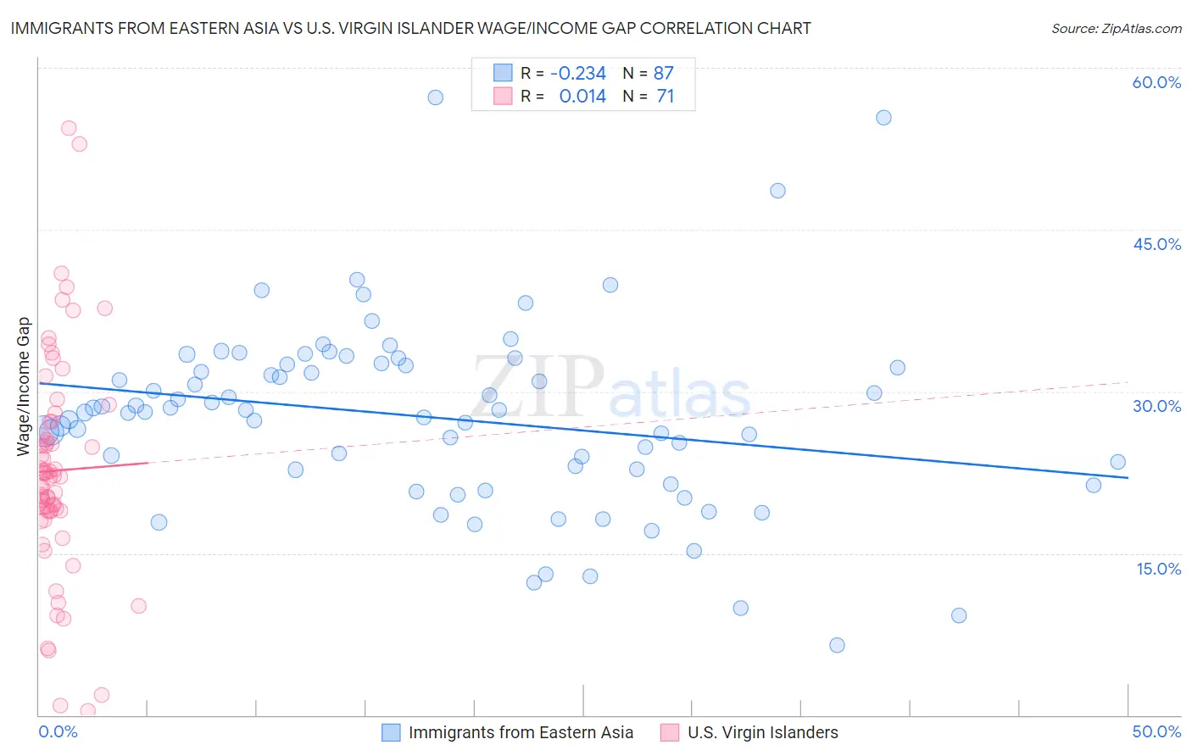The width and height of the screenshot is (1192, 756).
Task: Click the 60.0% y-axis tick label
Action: (x=1156, y=82)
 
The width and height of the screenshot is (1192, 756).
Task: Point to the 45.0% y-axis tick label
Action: (x=1156, y=244)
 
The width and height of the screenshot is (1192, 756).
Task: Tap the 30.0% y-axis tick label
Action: (x=1156, y=406)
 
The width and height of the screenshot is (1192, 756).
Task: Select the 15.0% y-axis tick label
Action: (x=1158, y=568)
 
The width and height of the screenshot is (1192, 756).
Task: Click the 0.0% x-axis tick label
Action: (x=58, y=731)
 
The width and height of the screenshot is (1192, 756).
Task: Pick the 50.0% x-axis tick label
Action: (x=1156, y=731)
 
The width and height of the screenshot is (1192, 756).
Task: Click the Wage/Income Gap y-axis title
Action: (x=24, y=386)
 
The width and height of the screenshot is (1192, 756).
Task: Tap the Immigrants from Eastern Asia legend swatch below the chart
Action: (x=391, y=732)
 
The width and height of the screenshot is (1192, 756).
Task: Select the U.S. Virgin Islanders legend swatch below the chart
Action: (x=670, y=732)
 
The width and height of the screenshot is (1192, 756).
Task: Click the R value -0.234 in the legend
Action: (x=578, y=74)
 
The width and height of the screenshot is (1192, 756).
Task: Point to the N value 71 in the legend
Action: (x=666, y=97)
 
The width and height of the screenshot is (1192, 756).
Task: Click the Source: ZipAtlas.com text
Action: (x=1116, y=29)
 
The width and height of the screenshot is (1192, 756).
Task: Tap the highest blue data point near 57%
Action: (x=435, y=97)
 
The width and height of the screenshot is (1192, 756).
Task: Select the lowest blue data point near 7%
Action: (x=837, y=645)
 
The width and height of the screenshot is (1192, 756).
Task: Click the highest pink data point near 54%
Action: (x=69, y=129)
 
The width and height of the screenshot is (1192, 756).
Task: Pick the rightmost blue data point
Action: (x=1117, y=462)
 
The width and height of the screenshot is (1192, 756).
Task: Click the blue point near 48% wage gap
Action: (x=777, y=191)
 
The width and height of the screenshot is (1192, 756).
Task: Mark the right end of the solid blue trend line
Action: (x=1128, y=478)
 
